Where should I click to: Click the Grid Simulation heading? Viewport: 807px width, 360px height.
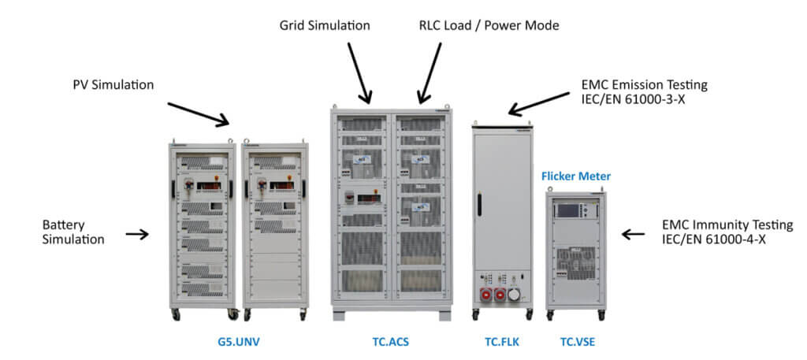coord(324,25)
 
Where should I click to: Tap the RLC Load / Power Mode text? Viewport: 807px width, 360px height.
coord(489,25)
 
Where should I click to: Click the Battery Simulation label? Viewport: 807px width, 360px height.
coord(73,232)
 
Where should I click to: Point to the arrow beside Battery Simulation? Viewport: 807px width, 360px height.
coord(136,234)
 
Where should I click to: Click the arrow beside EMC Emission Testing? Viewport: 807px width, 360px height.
coord(538,102)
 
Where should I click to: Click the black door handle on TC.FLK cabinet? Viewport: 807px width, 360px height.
coord(478,202)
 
